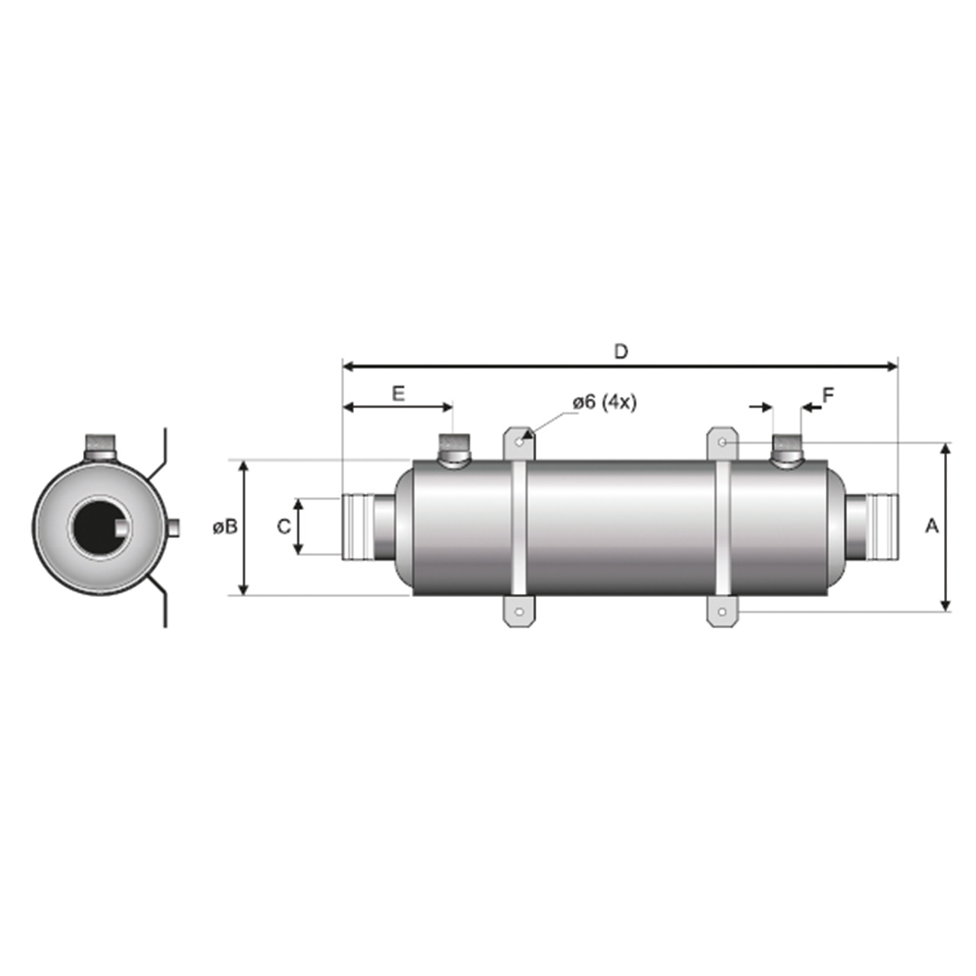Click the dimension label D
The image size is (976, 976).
(x=621, y=352)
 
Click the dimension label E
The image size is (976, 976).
(x=398, y=393)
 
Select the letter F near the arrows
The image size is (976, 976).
(x=828, y=395)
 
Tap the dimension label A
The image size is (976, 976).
(x=931, y=526)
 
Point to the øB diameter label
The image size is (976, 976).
(x=225, y=527)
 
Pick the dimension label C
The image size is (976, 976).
(x=284, y=527)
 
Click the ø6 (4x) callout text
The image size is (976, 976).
(x=603, y=403)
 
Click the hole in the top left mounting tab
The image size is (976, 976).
(x=518, y=441)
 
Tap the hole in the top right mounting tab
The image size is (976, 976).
(x=722, y=442)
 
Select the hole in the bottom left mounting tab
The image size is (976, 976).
(x=518, y=612)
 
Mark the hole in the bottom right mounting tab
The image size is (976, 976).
(x=722, y=612)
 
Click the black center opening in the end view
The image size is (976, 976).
(x=98, y=527)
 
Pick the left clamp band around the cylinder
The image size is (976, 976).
(x=518, y=527)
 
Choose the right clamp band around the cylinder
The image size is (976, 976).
(x=722, y=527)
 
